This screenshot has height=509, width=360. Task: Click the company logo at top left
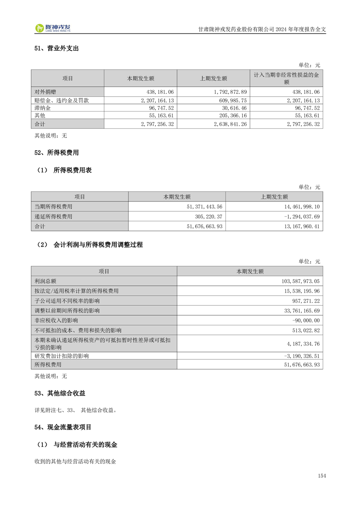pyautogui.click(x=53, y=28)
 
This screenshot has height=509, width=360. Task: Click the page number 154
pyautogui.click(x=322, y=475)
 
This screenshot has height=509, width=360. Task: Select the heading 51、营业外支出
pyautogui.click(x=56, y=48)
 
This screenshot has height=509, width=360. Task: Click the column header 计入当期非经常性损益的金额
pyautogui.click(x=286, y=78)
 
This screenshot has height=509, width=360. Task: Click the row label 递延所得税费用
pyautogui.click(x=54, y=216)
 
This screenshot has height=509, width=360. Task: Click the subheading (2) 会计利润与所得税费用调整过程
pyautogui.click(x=90, y=245)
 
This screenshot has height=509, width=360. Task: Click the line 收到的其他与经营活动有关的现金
pyautogui.click(x=75, y=461)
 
